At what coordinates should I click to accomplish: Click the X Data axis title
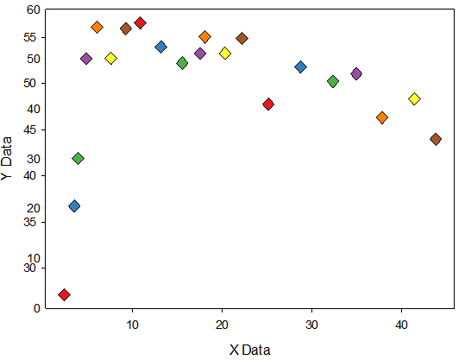[x=249, y=350]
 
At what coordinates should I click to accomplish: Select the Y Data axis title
[x=6, y=159]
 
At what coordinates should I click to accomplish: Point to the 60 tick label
[x=33, y=9]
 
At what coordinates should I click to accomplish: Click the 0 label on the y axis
[x=37, y=308]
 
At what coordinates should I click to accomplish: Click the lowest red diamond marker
[x=64, y=294]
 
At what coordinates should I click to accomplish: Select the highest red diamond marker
[x=140, y=22]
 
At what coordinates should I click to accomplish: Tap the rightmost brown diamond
[x=436, y=139]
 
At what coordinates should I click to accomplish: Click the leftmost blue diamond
[x=74, y=206]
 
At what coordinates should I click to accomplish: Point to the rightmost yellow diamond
[x=414, y=98]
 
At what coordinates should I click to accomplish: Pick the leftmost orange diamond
[x=97, y=28]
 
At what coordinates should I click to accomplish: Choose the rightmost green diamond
[x=333, y=81]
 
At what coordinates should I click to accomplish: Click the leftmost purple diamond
[x=86, y=59]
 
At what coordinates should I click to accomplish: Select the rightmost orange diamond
[x=382, y=117]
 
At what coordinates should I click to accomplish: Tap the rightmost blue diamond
[x=300, y=66]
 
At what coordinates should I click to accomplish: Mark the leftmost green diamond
[x=78, y=158]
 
